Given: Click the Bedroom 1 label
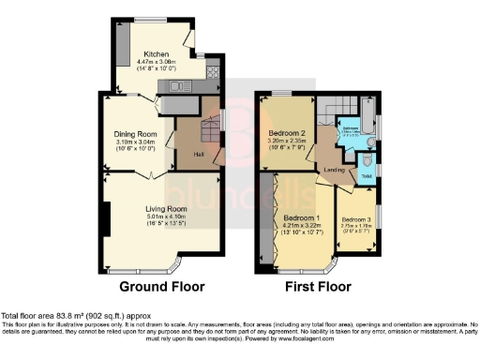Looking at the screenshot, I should pyautogui.click(x=300, y=217).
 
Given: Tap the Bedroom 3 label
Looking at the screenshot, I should pyautogui.click(x=356, y=219).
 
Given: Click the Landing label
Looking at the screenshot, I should pyautogui.click(x=333, y=169).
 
